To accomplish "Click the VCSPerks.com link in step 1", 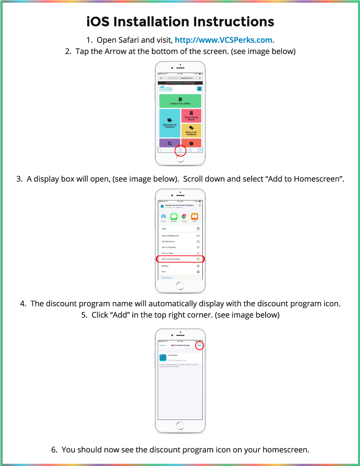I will (224, 40).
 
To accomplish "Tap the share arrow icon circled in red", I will (180, 150).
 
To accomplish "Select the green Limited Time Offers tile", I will (180, 101).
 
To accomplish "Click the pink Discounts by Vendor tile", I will (191, 116).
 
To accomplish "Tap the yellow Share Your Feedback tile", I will (191, 130).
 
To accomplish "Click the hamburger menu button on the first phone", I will (199, 89).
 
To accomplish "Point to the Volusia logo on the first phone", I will (166, 89).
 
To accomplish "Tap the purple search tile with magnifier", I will (170, 143).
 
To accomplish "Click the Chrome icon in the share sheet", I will (184, 216).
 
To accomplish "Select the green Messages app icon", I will (174, 216).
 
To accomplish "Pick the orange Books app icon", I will (194, 216).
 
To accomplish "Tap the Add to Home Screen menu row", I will (180, 259).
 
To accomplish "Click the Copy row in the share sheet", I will (180, 229).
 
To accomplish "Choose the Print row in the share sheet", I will (180, 272).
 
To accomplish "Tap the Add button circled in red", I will (199, 345).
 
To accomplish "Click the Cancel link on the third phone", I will (162, 345).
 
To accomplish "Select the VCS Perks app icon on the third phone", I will (163, 358).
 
